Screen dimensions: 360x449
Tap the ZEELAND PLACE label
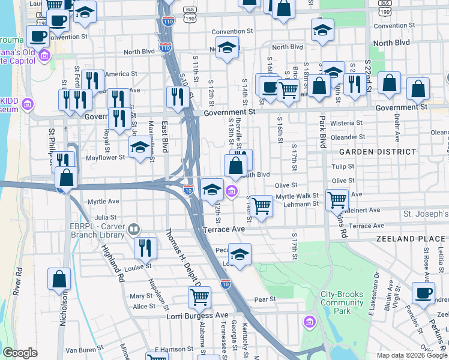[x=412, y=239]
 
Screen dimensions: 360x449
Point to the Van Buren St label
[x=82, y=350]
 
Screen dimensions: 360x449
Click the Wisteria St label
[x=343, y=123]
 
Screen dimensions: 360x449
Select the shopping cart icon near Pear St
[x=199, y=296]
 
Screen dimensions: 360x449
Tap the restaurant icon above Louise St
[x=145, y=247]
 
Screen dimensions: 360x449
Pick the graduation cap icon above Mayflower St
[x=140, y=146]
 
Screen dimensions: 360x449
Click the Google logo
[x=20, y=353]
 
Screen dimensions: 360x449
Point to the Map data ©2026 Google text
[x=411, y=355]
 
